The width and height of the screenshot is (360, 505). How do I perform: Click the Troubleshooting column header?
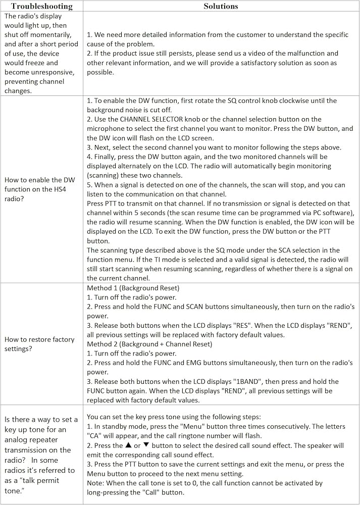(x=41, y=7)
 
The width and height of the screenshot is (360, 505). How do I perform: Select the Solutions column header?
(x=221, y=7)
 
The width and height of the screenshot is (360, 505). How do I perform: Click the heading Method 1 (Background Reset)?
(x=133, y=288)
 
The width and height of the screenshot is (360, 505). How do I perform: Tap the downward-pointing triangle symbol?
(x=146, y=445)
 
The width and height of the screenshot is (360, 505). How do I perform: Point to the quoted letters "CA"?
(x=94, y=436)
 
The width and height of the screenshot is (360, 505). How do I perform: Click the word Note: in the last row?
(x=96, y=483)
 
